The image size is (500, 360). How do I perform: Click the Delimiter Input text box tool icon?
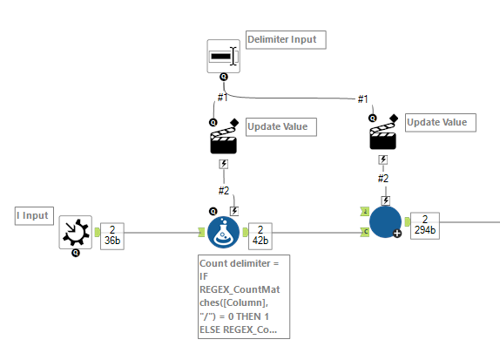coord(223,56)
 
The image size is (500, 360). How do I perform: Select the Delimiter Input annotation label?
coord(286,40)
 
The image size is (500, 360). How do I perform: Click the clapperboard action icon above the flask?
coord(224,137)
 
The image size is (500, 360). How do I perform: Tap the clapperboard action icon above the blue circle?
coord(383,132)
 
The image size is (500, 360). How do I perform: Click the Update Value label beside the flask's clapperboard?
coord(281,127)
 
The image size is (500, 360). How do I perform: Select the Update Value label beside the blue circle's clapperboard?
coord(441,123)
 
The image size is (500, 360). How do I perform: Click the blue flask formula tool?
coord(223,233)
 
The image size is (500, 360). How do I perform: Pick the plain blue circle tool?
coord(385,222)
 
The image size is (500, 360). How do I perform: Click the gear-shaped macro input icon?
coord(75,232)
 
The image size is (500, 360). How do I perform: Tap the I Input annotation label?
coord(34,216)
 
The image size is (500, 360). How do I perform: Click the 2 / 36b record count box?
coord(112,236)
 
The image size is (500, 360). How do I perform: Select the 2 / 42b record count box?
coord(260,236)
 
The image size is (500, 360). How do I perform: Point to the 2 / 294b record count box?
coord(425,226)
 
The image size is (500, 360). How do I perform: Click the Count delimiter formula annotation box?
coord(244,296)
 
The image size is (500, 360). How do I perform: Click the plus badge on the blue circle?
coord(397,234)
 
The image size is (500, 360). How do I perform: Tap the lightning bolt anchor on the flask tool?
coord(234,211)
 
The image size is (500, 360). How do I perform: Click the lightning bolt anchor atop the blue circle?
coord(386,200)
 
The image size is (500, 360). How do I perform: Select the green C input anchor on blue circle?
coord(365,232)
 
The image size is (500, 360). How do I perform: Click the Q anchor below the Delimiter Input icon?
coord(224,77)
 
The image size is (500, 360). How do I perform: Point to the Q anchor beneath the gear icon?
coord(76,253)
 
